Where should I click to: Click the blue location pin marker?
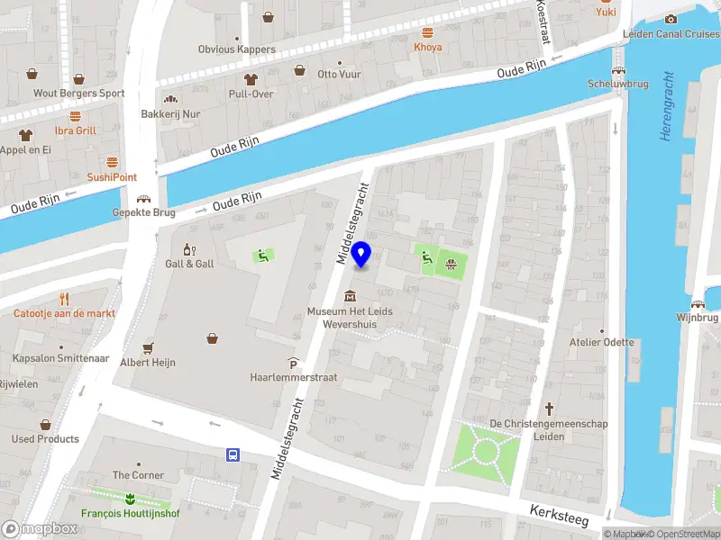tap(362, 255)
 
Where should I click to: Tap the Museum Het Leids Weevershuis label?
tap(349, 318)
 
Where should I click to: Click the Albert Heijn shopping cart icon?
tap(148, 348)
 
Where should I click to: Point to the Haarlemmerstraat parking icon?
tap(293, 363)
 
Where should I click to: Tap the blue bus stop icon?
tap(233, 455)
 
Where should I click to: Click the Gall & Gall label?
tap(189, 264)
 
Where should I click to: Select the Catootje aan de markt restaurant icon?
tap(64, 299)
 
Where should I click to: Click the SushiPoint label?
tap(112, 177)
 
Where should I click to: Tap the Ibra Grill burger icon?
tap(75, 116)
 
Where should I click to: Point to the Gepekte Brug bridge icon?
tap(142, 199)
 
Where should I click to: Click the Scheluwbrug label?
tap(617, 83)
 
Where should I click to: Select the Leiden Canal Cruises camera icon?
tap(671, 20)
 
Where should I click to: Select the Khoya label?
tap(427, 47)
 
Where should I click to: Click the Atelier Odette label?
tap(601, 342)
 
